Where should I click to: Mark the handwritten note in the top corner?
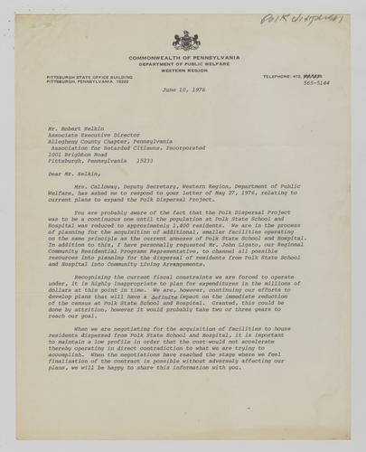301,17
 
